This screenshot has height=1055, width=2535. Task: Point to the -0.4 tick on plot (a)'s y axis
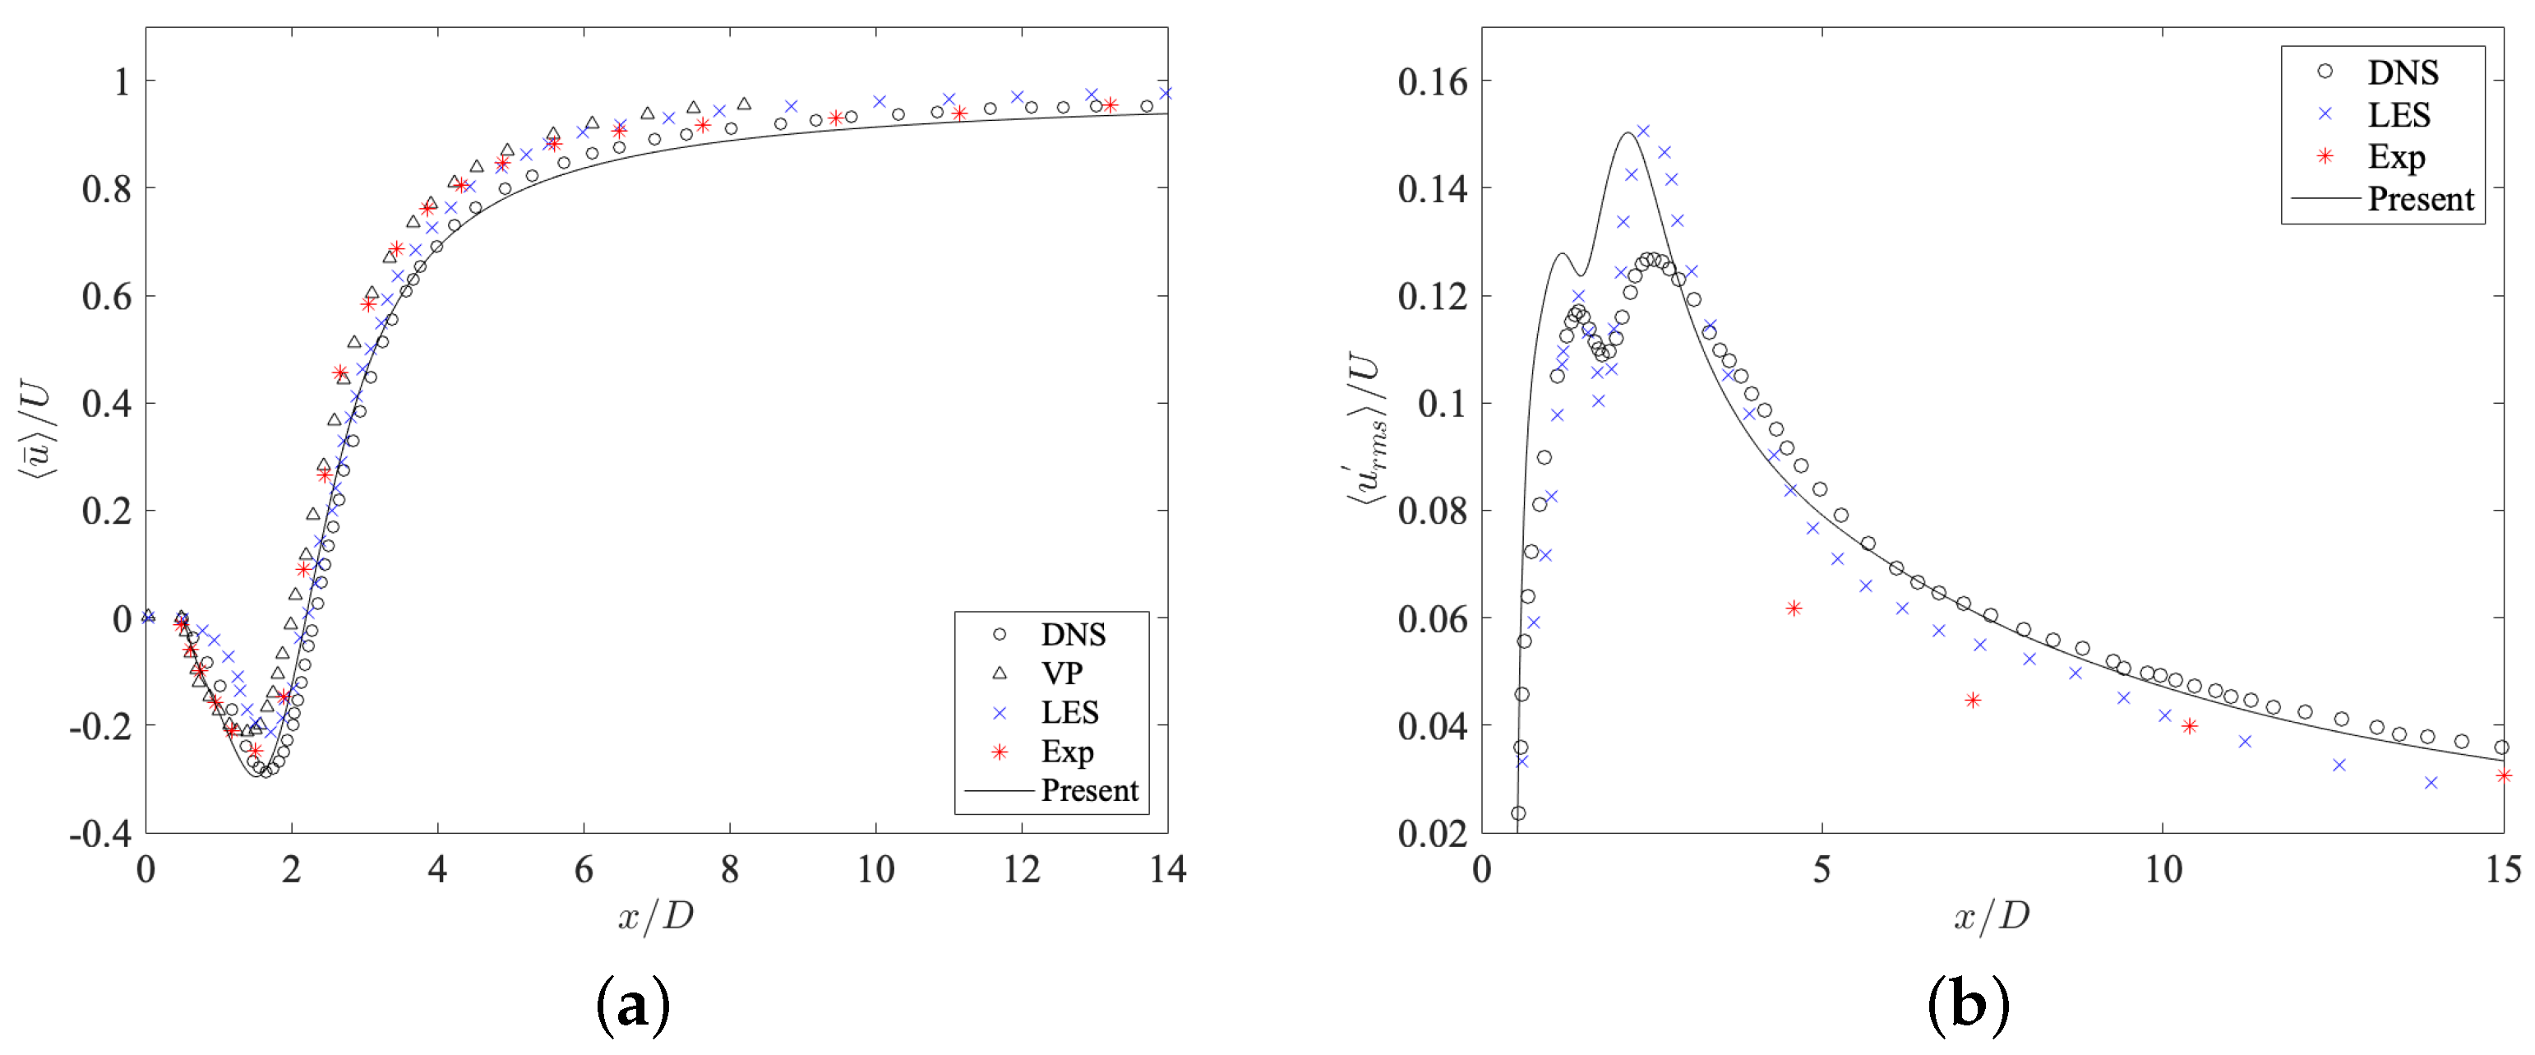pyautogui.click(x=100, y=834)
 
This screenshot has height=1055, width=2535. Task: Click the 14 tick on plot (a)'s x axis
pyautogui.click(x=1167, y=869)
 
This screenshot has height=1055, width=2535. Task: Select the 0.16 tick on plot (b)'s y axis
pyautogui.click(x=1432, y=81)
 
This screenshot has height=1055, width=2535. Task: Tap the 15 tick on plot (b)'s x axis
pyautogui.click(x=2501, y=869)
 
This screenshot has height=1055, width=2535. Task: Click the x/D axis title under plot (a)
pyautogui.click(x=655, y=916)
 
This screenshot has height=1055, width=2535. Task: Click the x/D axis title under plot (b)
pyautogui.click(x=1991, y=916)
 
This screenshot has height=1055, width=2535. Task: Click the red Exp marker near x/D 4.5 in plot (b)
pyautogui.click(x=1793, y=608)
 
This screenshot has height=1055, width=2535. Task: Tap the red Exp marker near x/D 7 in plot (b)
pyautogui.click(x=1972, y=701)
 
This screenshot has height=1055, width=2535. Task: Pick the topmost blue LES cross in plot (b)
pyautogui.click(x=1642, y=131)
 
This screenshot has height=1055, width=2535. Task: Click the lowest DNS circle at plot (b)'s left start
pyautogui.click(x=1517, y=813)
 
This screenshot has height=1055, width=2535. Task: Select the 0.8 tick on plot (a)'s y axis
pyautogui.click(x=106, y=189)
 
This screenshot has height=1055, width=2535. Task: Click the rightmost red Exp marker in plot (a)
pyautogui.click(x=1110, y=105)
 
